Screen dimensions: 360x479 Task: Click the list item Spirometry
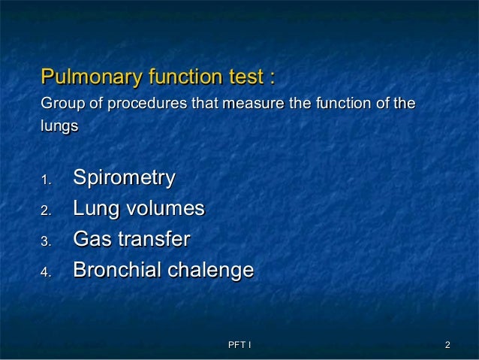click(x=124, y=179)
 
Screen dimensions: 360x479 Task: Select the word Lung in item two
click(x=94, y=209)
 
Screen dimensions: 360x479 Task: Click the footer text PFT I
click(x=239, y=345)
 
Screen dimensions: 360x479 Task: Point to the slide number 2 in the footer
click(x=447, y=345)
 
